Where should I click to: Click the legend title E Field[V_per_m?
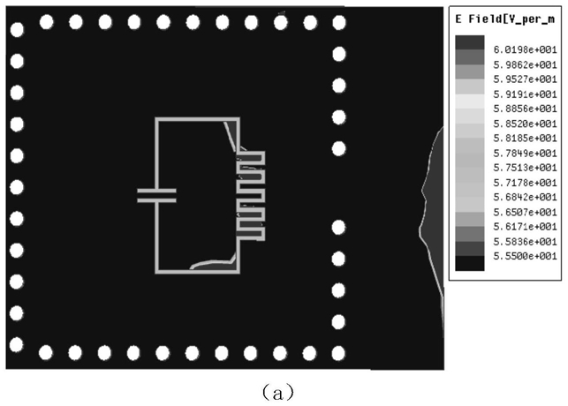click(x=506, y=18)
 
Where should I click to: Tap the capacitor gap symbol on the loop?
click(x=156, y=195)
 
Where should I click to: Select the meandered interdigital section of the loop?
click(x=250, y=195)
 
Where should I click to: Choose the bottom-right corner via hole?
click(x=339, y=351)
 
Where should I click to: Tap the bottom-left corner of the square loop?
click(x=157, y=270)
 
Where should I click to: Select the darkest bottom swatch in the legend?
click(x=468, y=262)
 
